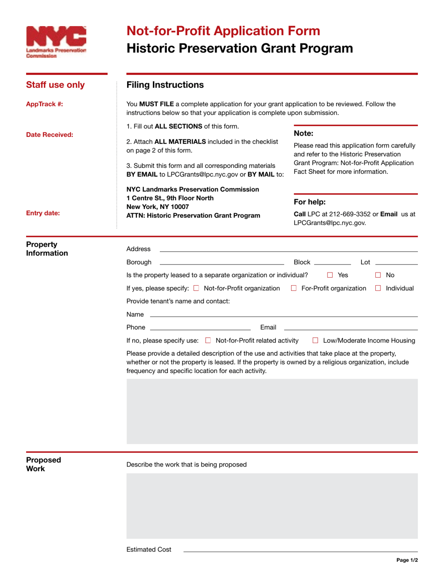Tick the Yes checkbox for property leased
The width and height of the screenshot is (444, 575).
tap(330, 275)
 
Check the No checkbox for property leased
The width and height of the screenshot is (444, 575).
tap(379, 275)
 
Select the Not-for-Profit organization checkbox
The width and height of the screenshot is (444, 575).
tap(196, 288)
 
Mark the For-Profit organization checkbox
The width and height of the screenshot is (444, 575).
tap(294, 288)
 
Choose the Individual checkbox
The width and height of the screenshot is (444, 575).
tap(378, 288)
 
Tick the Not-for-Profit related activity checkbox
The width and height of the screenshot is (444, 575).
tap(208, 341)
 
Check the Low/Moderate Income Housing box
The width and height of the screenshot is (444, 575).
tap(315, 341)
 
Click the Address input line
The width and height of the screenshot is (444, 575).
tap(288, 250)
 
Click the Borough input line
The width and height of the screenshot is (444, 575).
tap(222, 263)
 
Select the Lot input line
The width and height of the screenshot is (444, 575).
tap(396, 263)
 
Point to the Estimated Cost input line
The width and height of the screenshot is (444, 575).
tap(300, 551)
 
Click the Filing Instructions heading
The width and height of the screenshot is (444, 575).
tap(165, 85)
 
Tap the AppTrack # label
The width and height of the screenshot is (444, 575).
tap(44, 104)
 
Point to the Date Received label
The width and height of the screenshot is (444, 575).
tap(50, 135)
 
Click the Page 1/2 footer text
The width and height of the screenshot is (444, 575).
tap(407, 560)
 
